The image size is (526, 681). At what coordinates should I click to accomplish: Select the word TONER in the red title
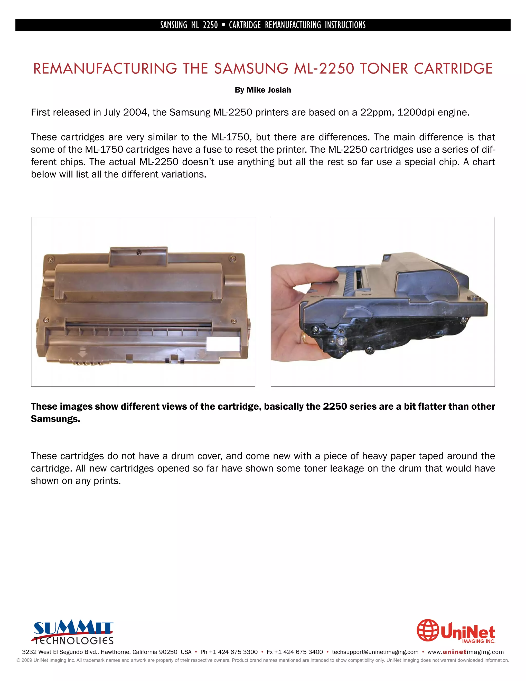click(x=384, y=69)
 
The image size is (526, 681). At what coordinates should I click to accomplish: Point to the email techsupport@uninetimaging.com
click(x=375, y=652)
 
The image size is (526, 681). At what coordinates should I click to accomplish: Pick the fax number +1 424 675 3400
click(x=298, y=652)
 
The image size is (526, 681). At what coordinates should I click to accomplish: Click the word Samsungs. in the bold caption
click(x=55, y=419)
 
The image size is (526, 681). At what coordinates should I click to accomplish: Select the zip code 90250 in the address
click(x=168, y=652)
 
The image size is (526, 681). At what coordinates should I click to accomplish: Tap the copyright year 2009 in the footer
click(x=27, y=660)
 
